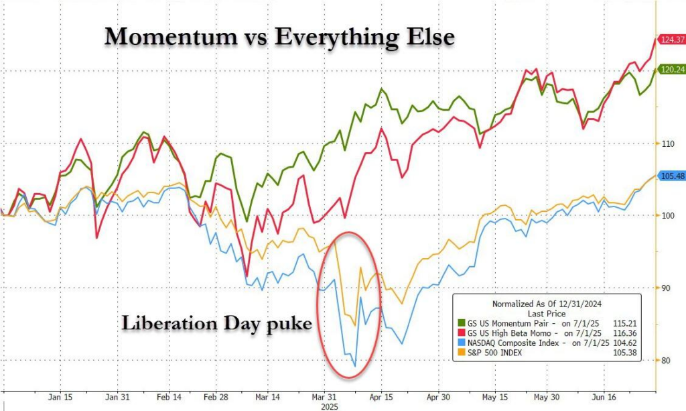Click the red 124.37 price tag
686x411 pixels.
pos(671,40)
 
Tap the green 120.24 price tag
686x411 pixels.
pos(671,69)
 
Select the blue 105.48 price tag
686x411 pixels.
pos(671,176)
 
